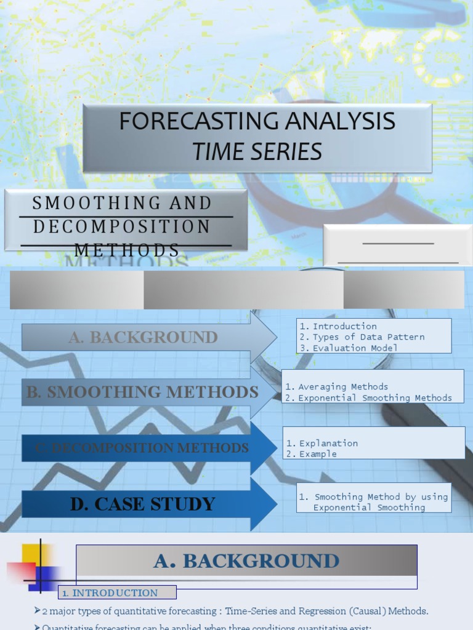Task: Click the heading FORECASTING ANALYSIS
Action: (257, 121)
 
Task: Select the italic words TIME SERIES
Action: (257, 151)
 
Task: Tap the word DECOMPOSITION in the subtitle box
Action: (121, 226)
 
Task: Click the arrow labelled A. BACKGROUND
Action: (144, 337)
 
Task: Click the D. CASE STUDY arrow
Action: (143, 504)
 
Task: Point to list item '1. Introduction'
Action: (338, 326)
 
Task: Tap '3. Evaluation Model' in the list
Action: (349, 348)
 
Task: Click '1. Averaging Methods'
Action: (337, 387)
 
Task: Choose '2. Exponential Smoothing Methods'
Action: (369, 398)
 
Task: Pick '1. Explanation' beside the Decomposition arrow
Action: (322, 443)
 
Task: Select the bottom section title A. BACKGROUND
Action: (246, 561)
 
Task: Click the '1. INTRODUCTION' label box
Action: (117, 593)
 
